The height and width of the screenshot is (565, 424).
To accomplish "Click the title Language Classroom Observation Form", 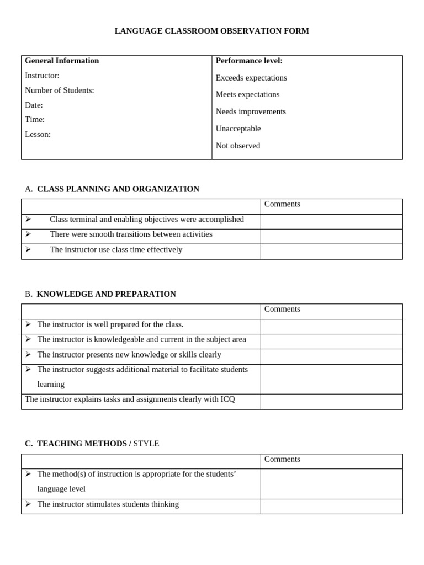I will pos(211,31).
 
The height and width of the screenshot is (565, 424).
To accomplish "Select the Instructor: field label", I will pos(42,76).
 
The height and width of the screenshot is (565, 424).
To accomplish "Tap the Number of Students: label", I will pos(59,90).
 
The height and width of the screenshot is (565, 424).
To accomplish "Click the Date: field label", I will pos(34,105).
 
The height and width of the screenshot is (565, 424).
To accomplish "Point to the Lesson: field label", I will pos(38,134).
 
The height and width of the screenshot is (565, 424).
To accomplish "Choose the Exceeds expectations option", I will pos(251,78).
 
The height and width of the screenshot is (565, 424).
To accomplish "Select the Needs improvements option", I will pos(251,111).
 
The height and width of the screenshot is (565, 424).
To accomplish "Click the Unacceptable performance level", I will pos(238,129).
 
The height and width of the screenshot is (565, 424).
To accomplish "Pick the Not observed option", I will pos(237,146).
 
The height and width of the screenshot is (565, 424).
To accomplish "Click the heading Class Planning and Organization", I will pos(118,189).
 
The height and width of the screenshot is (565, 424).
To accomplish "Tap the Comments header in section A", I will pos(282,204).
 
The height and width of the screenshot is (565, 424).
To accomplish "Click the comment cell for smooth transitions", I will pos(331,237).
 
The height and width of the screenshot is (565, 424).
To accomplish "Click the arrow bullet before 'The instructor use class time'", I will pos(28,249).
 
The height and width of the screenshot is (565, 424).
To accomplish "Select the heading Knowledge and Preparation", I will pos(106,294).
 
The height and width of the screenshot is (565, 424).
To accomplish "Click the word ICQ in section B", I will pos(227,399).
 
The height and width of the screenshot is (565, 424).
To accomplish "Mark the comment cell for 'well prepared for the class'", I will pos(331,327).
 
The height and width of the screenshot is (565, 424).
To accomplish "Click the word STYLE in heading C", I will pos(146,444).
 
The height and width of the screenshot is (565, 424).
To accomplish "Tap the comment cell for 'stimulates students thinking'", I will pos(331,507).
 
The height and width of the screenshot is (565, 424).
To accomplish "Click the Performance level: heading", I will pos(249,61).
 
